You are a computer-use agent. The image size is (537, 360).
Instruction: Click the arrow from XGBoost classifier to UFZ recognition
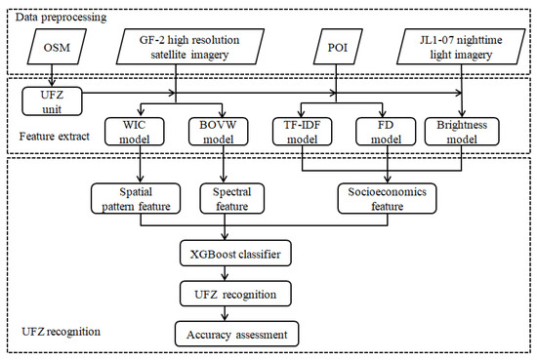pyautogui.click(x=228, y=274)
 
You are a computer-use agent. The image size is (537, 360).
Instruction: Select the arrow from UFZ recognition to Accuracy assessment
pyautogui.click(x=228, y=312)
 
